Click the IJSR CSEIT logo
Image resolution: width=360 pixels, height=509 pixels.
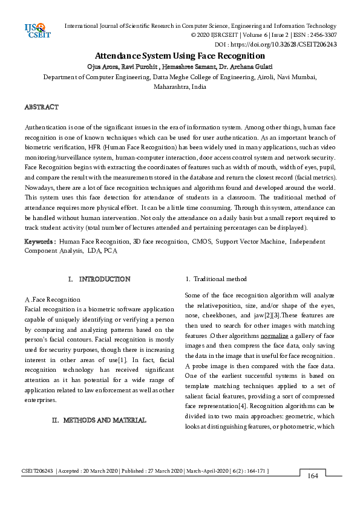point(36,31)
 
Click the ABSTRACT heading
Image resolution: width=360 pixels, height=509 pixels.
point(41,107)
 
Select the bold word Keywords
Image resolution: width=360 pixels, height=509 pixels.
point(40,241)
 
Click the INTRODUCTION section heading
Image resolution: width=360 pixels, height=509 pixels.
point(104,279)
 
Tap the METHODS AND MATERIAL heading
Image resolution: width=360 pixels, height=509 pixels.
point(104,420)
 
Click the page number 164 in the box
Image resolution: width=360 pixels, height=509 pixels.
point(313,476)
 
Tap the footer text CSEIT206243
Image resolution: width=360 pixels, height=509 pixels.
point(38,470)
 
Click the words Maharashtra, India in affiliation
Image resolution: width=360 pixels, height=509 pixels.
point(180,87)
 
